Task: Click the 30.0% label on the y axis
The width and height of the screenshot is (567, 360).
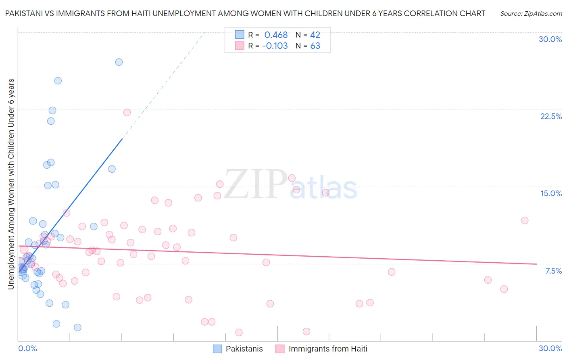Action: point(550,39)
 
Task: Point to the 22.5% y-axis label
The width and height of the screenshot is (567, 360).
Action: point(551,116)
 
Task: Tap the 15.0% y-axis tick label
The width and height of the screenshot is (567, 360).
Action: point(551,193)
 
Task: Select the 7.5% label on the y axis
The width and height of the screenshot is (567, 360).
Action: point(553,271)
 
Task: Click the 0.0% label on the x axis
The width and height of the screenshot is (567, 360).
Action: point(27,348)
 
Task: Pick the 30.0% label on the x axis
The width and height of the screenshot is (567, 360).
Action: point(550,348)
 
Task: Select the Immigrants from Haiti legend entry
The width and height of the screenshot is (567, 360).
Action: point(321,349)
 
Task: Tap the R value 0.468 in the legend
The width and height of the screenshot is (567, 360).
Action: point(276,35)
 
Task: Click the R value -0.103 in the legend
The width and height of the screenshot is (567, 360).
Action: point(275,46)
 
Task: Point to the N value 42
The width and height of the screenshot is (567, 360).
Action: point(315,35)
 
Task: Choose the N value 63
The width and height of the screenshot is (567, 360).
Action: point(315,46)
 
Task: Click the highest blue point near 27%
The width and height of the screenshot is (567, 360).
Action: point(119,62)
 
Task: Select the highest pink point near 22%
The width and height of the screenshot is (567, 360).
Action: point(127,113)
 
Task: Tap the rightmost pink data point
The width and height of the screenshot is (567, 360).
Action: point(525,220)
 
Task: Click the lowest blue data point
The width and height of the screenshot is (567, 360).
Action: point(78,327)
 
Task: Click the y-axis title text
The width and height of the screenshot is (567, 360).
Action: point(11,184)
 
